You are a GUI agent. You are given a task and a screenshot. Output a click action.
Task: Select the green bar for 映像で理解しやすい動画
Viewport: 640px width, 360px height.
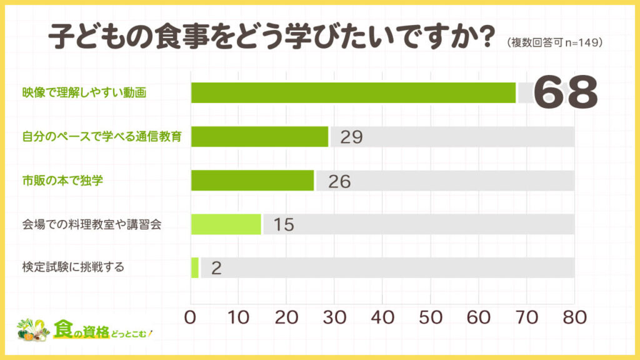pyautogui.click(x=353, y=92)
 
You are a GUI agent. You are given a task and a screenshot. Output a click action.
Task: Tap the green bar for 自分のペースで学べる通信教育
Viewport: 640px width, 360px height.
pyautogui.click(x=259, y=136)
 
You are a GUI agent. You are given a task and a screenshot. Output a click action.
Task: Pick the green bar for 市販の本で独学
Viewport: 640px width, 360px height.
pyautogui.click(x=252, y=180)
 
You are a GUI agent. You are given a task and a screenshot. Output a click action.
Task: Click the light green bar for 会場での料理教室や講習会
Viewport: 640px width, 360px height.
pyautogui.click(x=226, y=224)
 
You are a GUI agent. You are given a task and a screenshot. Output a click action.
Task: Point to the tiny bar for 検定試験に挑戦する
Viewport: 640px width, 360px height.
pyautogui.click(x=195, y=267)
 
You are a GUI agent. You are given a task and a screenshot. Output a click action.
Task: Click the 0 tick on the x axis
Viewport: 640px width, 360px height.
pyautogui.click(x=191, y=317)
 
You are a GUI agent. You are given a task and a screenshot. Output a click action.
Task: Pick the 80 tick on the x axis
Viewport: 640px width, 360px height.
pyautogui.click(x=574, y=317)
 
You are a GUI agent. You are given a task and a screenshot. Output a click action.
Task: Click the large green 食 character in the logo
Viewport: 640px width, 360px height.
pyautogui.click(x=64, y=328)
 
